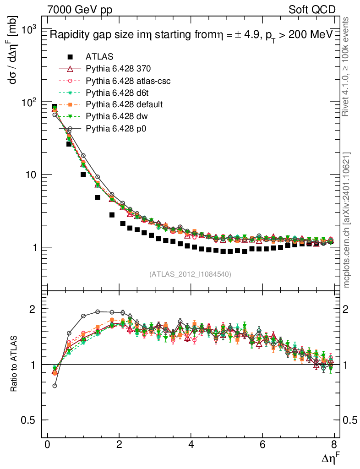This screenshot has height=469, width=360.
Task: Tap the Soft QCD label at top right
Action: coord(312,10)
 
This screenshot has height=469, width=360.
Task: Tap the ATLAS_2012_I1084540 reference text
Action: coord(190,274)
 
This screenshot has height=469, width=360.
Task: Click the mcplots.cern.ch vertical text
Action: coord(347,220)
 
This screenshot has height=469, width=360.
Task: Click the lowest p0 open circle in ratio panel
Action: coord(55,386)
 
